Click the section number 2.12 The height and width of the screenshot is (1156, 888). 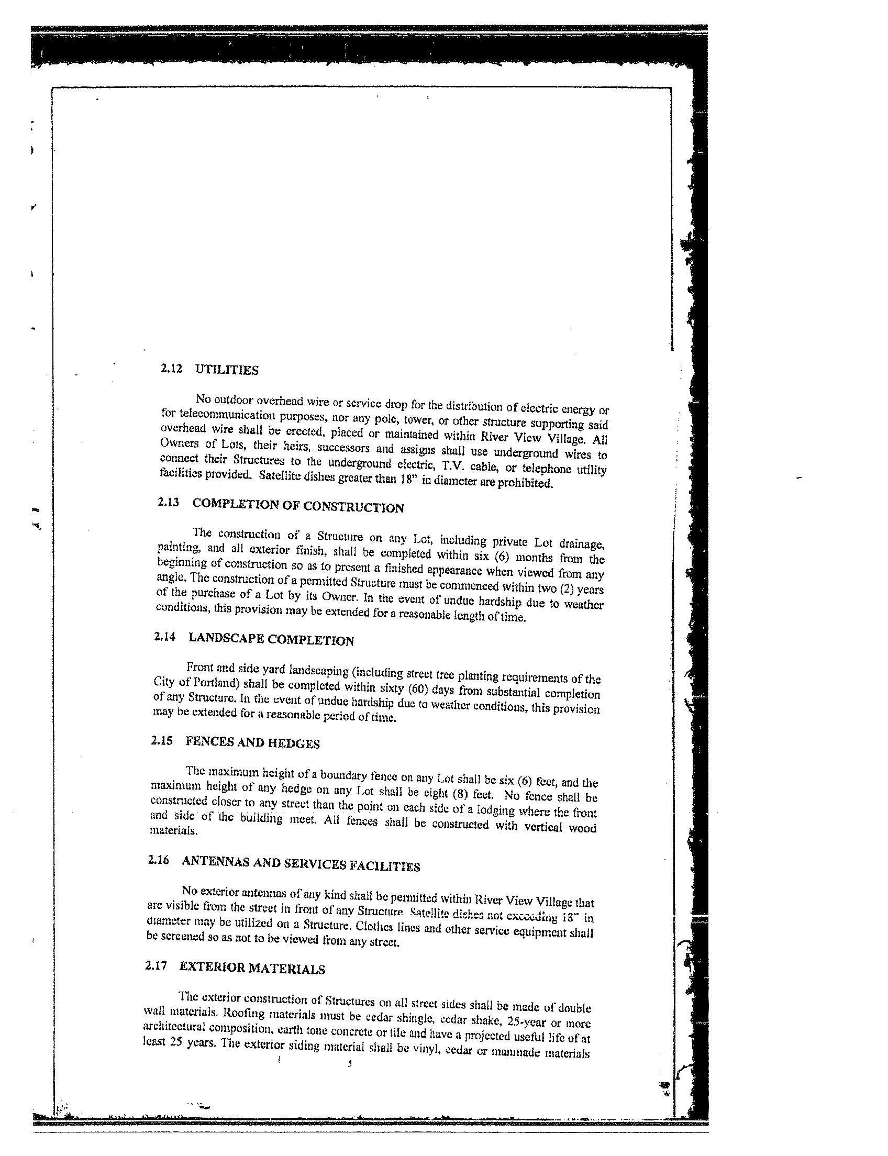[171, 369]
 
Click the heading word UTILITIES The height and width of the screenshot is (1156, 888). [227, 370]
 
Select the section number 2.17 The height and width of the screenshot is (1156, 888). [156, 966]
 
